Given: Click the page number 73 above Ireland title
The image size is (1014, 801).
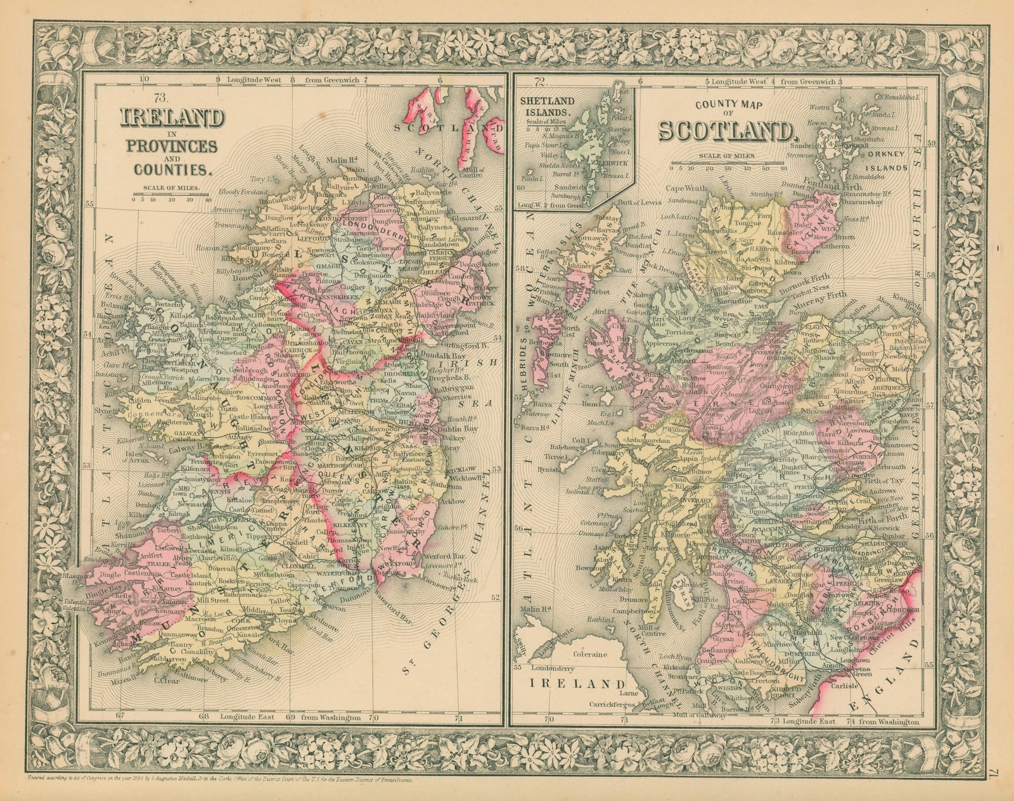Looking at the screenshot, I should (141, 97).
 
